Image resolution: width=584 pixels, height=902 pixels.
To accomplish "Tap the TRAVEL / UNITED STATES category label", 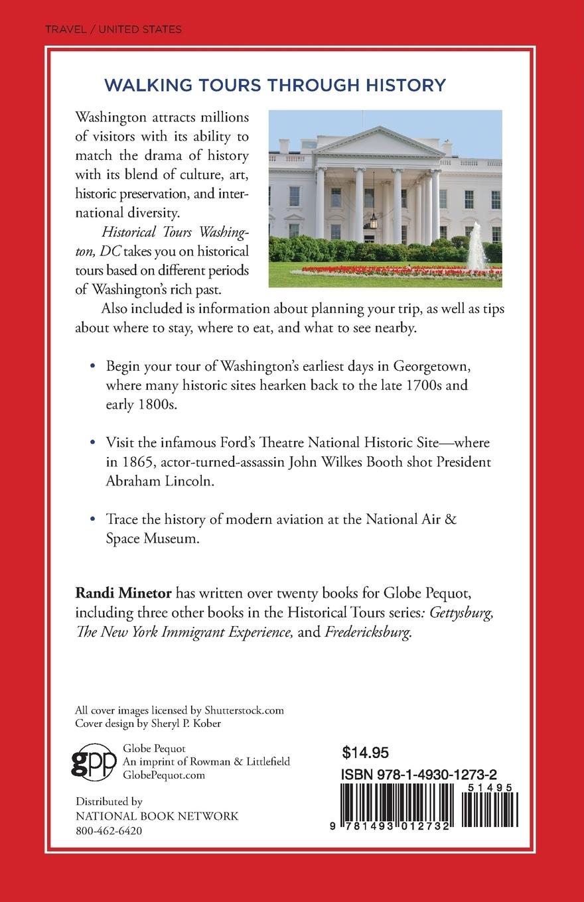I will point(113,29).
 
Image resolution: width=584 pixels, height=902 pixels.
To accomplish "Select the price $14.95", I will point(365,752).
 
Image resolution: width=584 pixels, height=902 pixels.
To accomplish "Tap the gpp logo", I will point(94,761).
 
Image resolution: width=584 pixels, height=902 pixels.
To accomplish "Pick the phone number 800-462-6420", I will point(108,830).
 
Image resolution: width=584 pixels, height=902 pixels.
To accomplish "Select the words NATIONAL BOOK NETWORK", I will point(157,816).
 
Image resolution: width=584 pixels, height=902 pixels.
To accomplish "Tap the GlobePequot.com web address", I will point(165,774).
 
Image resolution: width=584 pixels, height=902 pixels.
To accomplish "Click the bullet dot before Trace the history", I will point(92,518).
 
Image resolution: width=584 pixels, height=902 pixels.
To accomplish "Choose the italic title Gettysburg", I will point(461,613).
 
